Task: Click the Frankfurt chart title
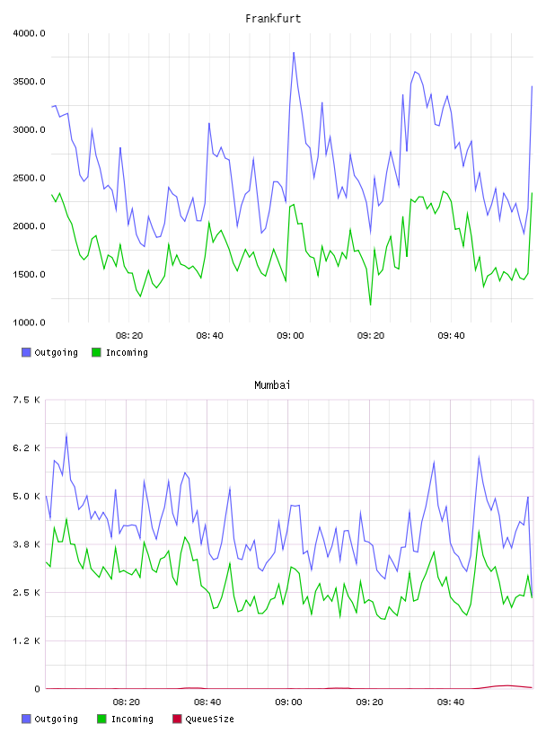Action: [273, 19]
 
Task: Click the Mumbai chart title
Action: [272, 385]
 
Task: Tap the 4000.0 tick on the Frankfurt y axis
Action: [29, 33]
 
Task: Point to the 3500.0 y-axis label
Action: [29, 82]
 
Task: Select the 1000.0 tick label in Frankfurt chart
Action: [29, 322]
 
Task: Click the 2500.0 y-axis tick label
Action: [29, 178]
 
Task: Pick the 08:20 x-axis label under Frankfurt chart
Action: [129, 336]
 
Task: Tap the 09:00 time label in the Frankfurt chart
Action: [290, 336]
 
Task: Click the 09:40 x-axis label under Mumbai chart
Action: [451, 702]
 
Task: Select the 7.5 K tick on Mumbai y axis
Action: [27, 400]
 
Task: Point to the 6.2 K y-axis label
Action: [27, 448]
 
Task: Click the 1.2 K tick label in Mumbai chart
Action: [27, 640]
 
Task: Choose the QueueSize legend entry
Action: [203, 719]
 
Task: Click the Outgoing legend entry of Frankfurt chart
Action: [49, 352]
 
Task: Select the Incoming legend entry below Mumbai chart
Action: [126, 719]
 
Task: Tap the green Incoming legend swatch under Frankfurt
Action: [96, 352]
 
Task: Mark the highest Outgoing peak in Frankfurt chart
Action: [294, 52]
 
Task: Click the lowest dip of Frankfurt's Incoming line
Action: [371, 305]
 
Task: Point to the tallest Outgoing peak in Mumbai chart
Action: [66, 435]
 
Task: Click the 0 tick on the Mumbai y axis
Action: [38, 689]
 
